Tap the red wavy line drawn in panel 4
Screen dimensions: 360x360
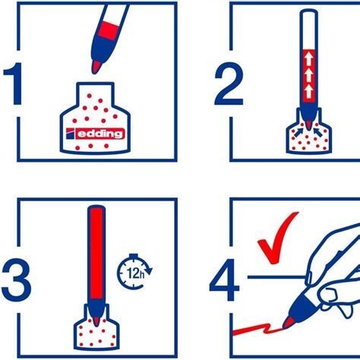click(254, 330)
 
